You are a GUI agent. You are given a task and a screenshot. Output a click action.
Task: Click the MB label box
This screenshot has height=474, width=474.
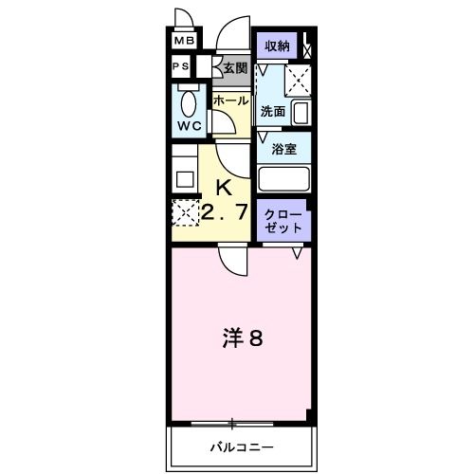click(184, 42)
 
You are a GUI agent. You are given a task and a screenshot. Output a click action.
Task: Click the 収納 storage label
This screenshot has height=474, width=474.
click(277, 46)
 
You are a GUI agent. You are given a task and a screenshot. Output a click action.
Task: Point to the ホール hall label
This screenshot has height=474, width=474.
click(230, 100)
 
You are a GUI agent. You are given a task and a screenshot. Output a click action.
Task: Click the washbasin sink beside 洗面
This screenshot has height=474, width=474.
click(300, 113)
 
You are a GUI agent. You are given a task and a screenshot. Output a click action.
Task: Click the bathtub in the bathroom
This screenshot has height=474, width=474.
click(284, 177)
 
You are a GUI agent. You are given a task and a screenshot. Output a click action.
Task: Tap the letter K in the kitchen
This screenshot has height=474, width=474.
click(226, 186)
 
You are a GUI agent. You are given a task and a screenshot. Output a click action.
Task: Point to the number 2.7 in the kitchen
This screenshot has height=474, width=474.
click(224, 211)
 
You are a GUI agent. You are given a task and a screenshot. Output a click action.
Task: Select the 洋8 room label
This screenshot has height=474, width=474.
click(242, 337)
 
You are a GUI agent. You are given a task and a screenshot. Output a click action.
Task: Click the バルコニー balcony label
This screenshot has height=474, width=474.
click(242, 446)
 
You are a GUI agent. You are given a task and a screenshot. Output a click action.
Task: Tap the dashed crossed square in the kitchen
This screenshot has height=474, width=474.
click(184, 211)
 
